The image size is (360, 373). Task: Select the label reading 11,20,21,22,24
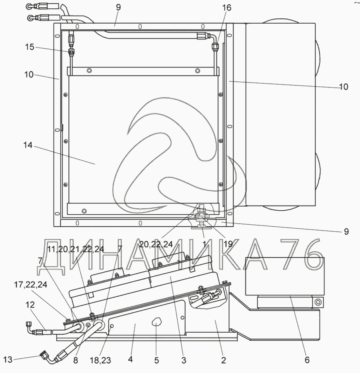coord(76,249)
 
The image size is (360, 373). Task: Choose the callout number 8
coord(76,360)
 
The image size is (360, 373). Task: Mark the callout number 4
coord(130,360)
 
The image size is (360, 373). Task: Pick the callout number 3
coord(184,360)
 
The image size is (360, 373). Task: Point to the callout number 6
coord(307,360)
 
